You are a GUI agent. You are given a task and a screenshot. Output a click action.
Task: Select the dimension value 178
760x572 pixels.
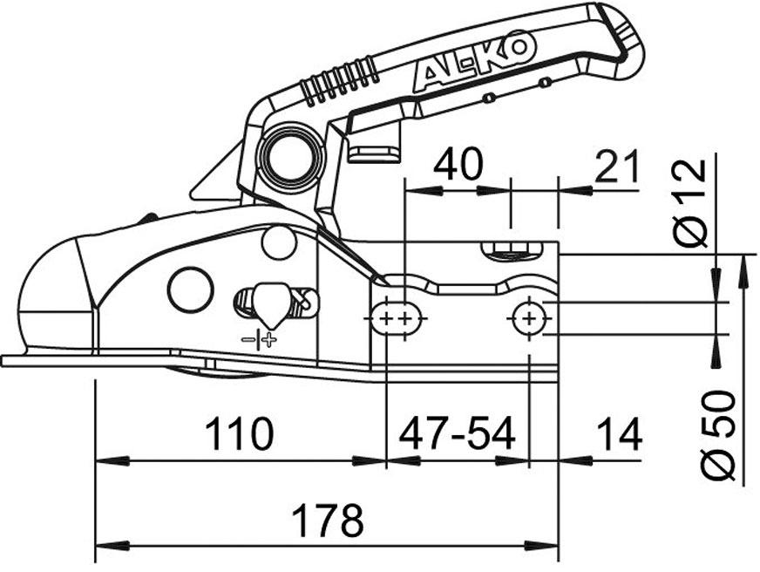pyautogui.click(x=327, y=521)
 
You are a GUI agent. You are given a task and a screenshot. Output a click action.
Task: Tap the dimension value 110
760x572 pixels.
pyautogui.click(x=239, y=433)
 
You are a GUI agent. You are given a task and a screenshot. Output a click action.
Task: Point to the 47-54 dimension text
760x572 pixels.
pyautogui.click(x=457, y=433)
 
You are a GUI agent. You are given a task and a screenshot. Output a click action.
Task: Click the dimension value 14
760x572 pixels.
pyautogui.click(x=618, y=433)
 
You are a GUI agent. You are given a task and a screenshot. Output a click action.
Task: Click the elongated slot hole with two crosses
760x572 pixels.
pyautogui.click(x=400, y=319)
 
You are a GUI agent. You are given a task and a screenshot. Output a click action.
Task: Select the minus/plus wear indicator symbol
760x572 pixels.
pyautogui.click(x=259, y=339)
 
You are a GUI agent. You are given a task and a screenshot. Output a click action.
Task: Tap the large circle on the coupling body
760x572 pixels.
pyautogui.click(x=191, y=289)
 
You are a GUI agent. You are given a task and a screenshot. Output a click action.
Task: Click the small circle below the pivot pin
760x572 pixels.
pyautogui.click(x=279, y=242)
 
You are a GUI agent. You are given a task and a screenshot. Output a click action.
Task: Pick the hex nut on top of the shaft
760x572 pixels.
pyautogui.click(x=510, y=253)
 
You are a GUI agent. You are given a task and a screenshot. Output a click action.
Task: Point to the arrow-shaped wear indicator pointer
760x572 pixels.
pyautogui.click(x=271, y=303)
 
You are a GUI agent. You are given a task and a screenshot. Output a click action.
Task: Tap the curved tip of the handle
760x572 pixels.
pyautogui.click(x=625, y=39)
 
